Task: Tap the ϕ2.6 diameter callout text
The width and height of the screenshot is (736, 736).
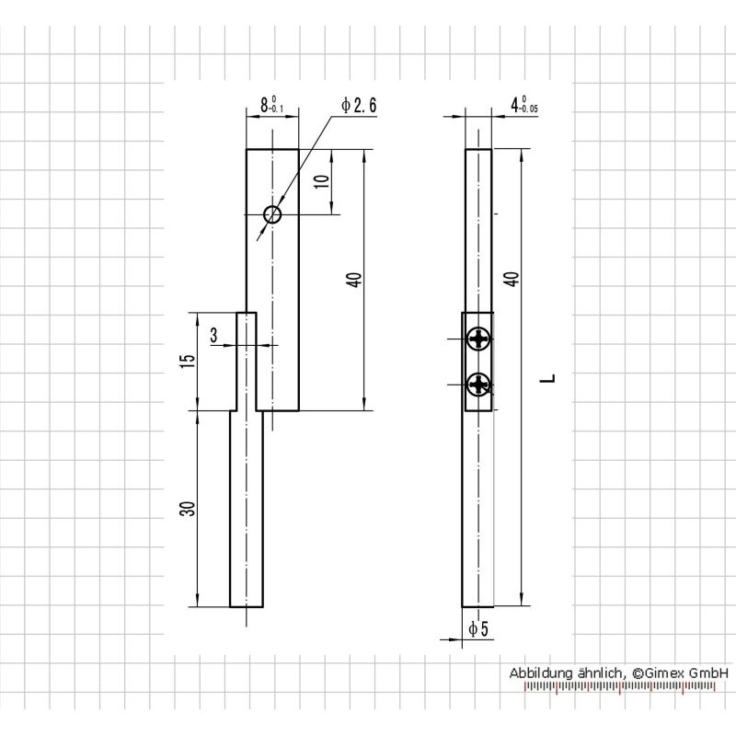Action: click(x=359, y=105)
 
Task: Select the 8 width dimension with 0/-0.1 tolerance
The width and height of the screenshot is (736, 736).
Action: click(x=272, y=105)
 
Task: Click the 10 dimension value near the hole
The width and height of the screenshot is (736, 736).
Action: click(x=322, y=180)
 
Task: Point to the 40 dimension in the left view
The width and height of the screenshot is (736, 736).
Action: click(x=356, y=280)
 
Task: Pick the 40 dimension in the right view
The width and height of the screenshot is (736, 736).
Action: click(x=513, y=279)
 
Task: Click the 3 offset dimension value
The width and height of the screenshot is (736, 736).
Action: click(x=214, y=335)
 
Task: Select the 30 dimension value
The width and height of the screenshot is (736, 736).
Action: click(x=188, y=509)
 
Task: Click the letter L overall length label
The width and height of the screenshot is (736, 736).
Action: click(x=547, y=378)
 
